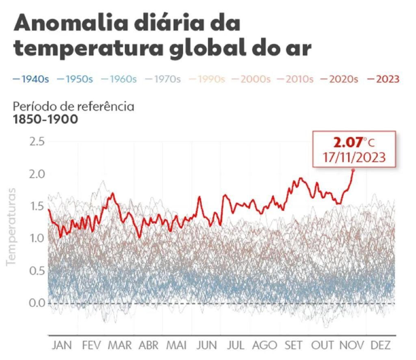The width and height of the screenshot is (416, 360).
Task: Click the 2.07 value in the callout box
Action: click(x=347, y=143)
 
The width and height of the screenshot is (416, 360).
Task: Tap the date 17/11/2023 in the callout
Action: click(x=354, y=157)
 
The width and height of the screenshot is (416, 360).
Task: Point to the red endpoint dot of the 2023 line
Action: click(x=353, y=170)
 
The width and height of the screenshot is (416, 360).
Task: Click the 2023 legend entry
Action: click(x=383, y=79)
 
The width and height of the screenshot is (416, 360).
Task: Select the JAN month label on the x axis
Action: click(x=62, y=345)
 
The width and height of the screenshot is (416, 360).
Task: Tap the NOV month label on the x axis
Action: click(x=352, y=345)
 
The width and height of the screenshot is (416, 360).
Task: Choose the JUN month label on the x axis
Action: click(x=207, y=345)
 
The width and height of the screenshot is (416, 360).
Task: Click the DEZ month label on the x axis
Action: click(x=381, y=345)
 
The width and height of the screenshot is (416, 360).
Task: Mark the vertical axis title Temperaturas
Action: click(x=11, y=227)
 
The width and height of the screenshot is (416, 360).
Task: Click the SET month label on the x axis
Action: click(x=293, y=345)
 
